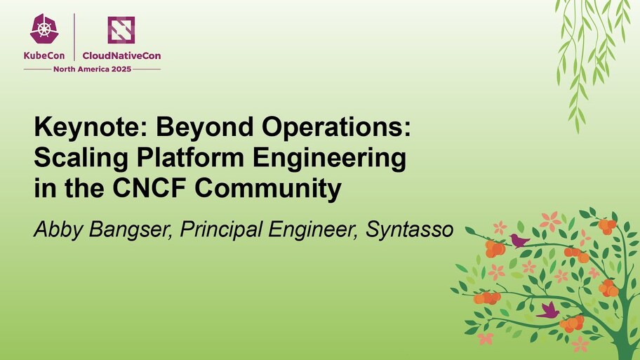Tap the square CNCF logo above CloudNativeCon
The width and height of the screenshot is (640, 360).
tap(121, 30)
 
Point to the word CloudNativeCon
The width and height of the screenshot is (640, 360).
tap(121, 55)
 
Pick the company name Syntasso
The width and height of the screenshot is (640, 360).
tap(404, 230)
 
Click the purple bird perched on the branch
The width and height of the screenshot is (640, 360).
tap(520, 241)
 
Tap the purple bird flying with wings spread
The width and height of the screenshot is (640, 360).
tap(548, 310)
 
